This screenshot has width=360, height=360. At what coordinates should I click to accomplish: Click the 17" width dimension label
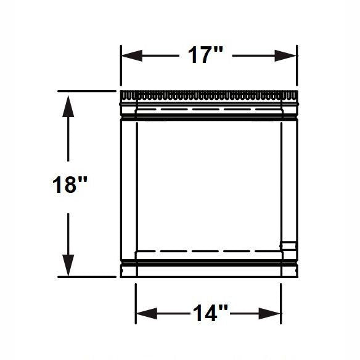pyautogui.click(x=205, y=55)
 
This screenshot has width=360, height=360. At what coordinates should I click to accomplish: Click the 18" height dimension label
pyautogui.click(x=70, y=184)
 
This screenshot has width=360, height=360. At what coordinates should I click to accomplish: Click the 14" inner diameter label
pyautogui.click(x=210, y=313)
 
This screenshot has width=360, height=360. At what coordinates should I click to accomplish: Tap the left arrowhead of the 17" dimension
pyautogui.click(x=132, y=55)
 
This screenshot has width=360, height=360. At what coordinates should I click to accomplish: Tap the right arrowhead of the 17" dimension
pyautogui.click(x=285, y=55)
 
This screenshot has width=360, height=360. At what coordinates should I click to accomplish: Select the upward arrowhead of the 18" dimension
pyautogui.click(x=68, y=106)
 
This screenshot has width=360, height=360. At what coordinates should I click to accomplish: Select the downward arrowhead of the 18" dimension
pyautogui.click(x=68, y=266)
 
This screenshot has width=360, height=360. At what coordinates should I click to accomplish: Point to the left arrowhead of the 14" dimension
pyautogui.click(x=147, y=313)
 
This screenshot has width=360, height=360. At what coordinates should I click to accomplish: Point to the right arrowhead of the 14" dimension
pyautogui.click(x=269, y=313)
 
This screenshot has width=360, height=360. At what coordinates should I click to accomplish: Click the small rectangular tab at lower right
pyautogui.click(x=289, y=246)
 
